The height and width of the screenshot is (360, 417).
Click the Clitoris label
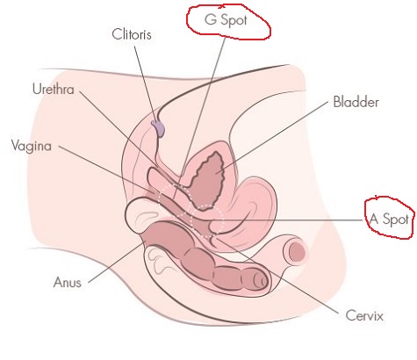pos(132,34)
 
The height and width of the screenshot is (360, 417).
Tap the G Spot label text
pos(226,20)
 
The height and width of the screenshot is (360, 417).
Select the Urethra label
pos(54,89)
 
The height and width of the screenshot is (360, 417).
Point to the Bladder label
pos(356,102)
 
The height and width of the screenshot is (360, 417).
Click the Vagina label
pos(32,146)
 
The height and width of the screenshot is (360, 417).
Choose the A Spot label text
pos(389,219)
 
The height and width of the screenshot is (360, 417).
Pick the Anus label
pos(68,282)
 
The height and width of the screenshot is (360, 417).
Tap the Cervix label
pos(364,315)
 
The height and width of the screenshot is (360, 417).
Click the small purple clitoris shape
pos(158,128)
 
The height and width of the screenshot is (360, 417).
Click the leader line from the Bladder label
pos(272,137)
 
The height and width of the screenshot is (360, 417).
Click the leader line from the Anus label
pos(115,263)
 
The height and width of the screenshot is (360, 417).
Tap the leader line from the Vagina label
pos(108,169)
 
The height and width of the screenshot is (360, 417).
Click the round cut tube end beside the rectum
pos(296,251)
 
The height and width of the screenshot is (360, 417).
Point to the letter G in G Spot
pos(211,19)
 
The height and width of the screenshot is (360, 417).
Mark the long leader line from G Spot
pos(198,118)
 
